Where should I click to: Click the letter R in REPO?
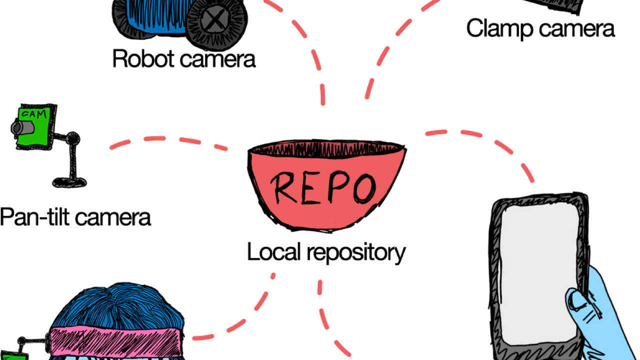[x=283, y=187]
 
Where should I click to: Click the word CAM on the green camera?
[x=35, y=114]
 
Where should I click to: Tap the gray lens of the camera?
[x=20, y=128]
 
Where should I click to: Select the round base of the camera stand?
[x=69, y=181]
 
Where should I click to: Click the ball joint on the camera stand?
[x=73, y=138]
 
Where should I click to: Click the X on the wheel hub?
[x=214, y=20]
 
